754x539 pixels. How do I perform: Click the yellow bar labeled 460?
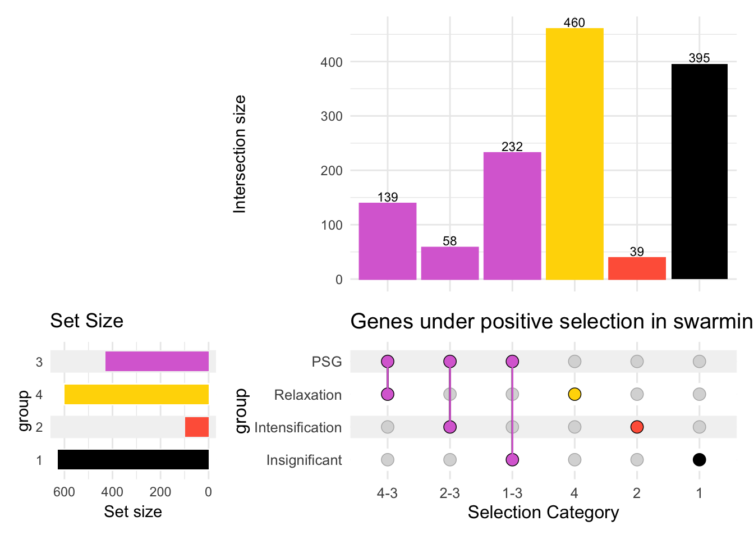click(x=574, y=153)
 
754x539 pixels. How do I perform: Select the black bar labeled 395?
click(x=699, y=171)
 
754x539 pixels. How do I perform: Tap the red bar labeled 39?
click(x=637, y=268)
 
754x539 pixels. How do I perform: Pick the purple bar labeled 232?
click(x=512, y=216)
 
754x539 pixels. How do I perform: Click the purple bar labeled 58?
click(x=450, y=263)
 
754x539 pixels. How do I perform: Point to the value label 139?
click(x=388, y=197)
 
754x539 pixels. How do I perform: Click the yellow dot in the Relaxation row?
click(x=574, y=394)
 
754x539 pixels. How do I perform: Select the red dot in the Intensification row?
click(x=637, y=427)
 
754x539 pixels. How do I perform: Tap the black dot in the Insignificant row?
click(x=699, y=460)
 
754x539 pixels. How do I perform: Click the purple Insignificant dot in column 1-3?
click(x=512, y=460)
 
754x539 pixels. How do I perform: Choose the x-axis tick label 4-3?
click(x=388, y=493)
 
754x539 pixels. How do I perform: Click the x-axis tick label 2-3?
click(x=450, y=493)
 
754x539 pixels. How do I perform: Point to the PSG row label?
click(x=327, y=362)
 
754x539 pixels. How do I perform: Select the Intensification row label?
click(x=298, y=427)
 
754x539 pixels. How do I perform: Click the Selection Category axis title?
click(x=543, y=512)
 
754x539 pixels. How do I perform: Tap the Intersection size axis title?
click(x=240, y=154)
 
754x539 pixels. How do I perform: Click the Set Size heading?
click(x=86, y=321)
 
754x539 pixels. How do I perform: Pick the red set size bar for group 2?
click(x=197, y=427)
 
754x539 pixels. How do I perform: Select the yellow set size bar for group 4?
click(x=136, y=394)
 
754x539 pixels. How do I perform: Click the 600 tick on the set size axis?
click(x=64, y=492)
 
